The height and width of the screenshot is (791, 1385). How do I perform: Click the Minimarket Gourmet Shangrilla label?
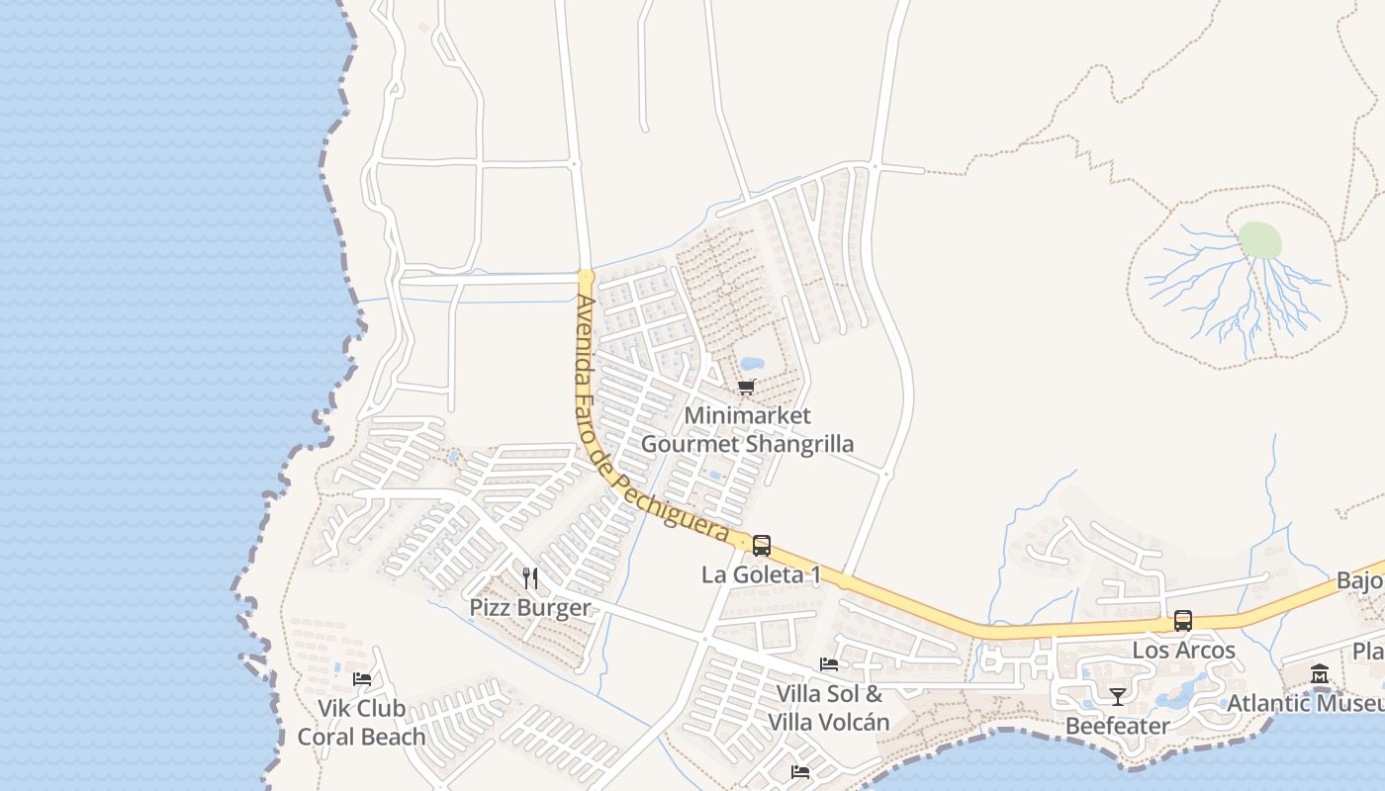click(x=747, y=430)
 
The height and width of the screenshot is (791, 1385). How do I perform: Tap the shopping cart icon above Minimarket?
click(x=747, y=387)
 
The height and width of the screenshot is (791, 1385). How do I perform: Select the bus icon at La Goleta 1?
click(x=761, y=545)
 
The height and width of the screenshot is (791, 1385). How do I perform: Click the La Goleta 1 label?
click(x=761, y=574)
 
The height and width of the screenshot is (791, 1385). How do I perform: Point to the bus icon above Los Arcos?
click(x=1182, y=621)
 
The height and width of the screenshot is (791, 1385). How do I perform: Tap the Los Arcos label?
click(x=1183, y=651)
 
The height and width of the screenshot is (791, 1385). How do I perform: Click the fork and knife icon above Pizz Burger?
click(x=530, y=577)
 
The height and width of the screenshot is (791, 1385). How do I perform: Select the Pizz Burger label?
click(x=530, y=607)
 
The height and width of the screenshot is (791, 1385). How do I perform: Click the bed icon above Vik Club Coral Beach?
click(x=362, y=679)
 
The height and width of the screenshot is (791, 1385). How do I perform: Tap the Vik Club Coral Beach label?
click(x=362, y=723)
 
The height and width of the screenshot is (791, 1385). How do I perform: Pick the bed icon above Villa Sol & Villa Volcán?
click(x=829, y=664)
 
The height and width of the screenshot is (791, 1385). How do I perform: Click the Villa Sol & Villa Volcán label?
click(x=829, y=708)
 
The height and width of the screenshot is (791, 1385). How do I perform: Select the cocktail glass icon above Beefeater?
click(x=1117, y=696)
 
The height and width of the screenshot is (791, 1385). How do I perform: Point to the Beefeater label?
click(x=1117, y=726)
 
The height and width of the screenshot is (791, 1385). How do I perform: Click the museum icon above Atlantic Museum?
click(x=1319, y=674)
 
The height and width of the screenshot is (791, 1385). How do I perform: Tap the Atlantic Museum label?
click(x=1305, y=704)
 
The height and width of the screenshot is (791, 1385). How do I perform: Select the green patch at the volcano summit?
click(x=1260, y=240)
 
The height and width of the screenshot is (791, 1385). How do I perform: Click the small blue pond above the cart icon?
click(x=752, y=364)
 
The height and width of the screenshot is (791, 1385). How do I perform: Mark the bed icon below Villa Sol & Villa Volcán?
click(x=800, y=771)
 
